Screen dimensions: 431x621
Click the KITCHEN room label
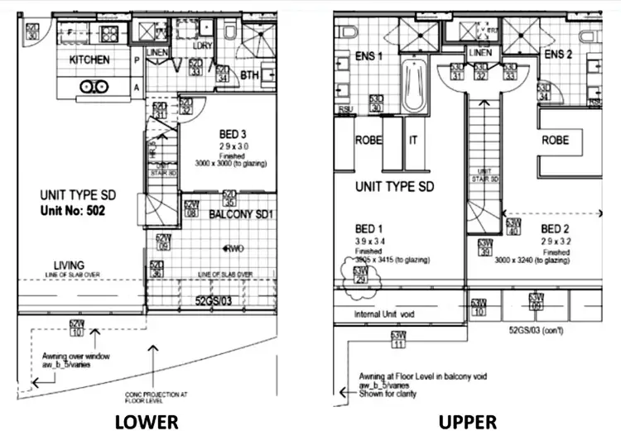(89, 60)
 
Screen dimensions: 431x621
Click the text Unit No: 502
(77, 211)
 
